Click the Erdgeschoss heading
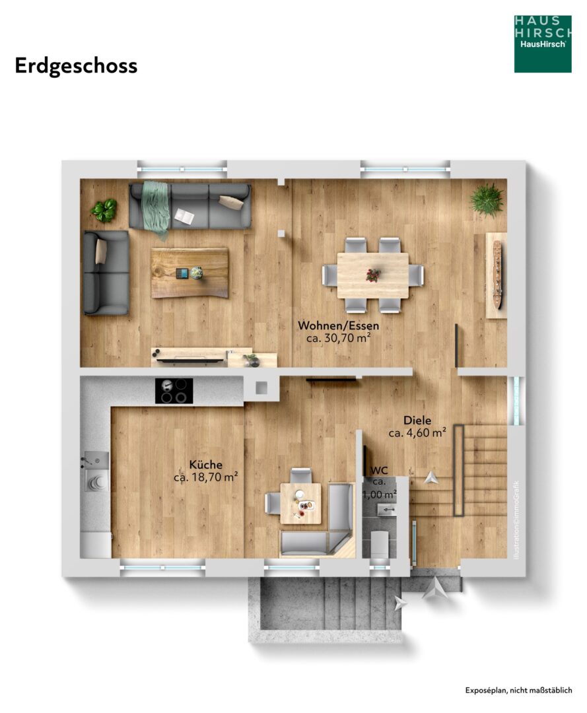tap(76, 66)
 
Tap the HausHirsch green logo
tap(543, 44)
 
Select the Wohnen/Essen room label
tap(338, 325)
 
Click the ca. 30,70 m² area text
tap(338, 338)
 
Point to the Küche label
tap(205, 465)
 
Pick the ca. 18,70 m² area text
tap(205, 477)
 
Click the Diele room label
tap(417, 421)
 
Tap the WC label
tap(379, 471)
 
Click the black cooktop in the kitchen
tap(174, 391)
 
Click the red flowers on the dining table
tap(373, 274)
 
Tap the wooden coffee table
tap(190, 273)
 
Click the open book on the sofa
tap(184, 216)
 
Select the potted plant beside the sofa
tap(104, 210)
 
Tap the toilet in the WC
tap(379, 543)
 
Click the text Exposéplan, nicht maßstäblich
tap(518, 691)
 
